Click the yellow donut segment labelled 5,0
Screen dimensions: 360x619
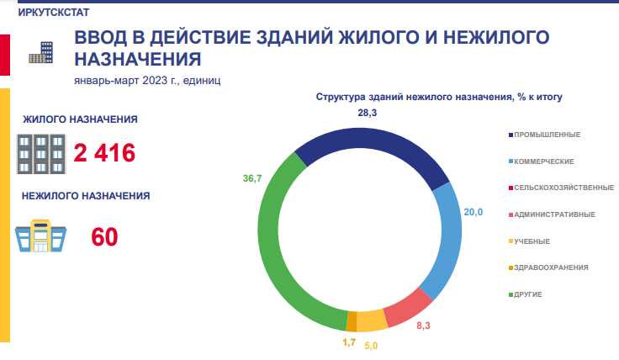point(370,320)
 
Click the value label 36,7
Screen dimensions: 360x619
point(252,179)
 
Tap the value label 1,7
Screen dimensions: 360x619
point(348,343)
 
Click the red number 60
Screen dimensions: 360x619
point(104,237)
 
